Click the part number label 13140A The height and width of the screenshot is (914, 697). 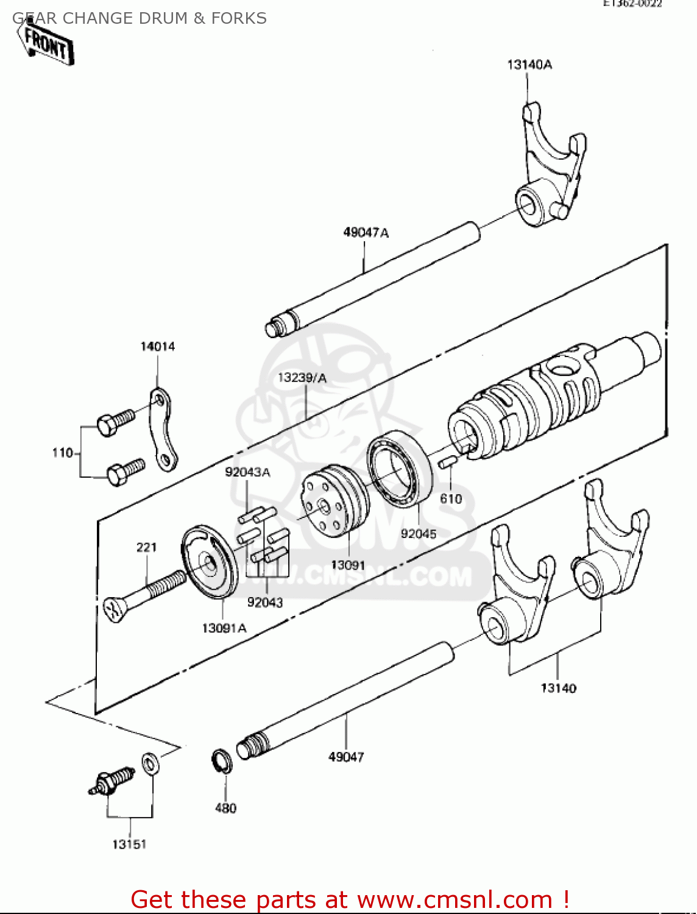(529, 65)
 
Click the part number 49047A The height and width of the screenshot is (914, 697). (366, 232)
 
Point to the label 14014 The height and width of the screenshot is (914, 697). (158, 347)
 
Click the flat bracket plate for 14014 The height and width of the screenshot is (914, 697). (161, 430)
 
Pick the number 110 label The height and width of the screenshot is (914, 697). (62, 453)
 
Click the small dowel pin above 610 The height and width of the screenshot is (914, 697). (447, 462)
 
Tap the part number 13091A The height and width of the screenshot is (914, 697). (224, 628)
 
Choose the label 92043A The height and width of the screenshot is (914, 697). (247, 472)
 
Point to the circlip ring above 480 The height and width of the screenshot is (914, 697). (222, 762)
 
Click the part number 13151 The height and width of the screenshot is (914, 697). (129, 845)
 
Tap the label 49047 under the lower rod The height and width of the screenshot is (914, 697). (346, 757)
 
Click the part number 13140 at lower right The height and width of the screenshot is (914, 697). (558, 689)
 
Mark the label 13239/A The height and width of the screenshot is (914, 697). (302, 378)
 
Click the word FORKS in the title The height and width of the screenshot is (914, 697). (239, 18)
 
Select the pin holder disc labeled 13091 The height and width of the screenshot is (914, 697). (335, 501)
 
